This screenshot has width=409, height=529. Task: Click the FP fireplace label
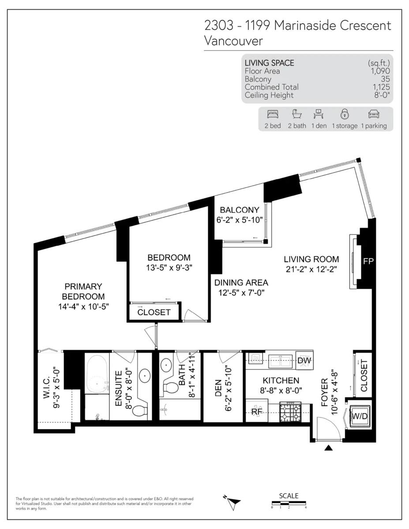368,261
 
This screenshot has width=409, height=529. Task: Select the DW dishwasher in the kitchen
304,361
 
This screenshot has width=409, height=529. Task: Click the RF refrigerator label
257,411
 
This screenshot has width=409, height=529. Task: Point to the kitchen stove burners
290,412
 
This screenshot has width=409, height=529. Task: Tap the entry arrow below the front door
329,448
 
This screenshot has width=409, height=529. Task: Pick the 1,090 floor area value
380,71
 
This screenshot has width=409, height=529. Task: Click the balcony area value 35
385,79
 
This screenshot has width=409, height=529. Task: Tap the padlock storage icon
345,114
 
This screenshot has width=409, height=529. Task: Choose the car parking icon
374,114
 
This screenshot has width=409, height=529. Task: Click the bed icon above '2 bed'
273,114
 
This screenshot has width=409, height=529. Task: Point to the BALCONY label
240,210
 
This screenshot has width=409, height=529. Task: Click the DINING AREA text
241,283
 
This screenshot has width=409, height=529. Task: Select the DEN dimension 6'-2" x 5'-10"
228,388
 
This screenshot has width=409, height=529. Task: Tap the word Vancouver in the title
233,41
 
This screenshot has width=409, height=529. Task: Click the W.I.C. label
46,387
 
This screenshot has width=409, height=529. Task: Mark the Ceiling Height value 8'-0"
382,95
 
